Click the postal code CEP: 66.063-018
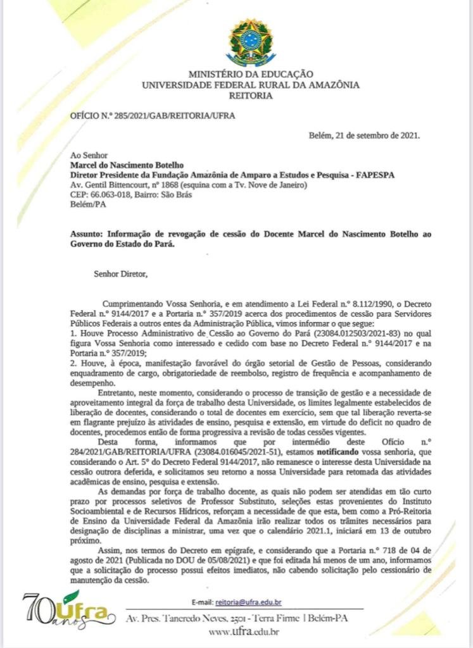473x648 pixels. coord(99,194)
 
